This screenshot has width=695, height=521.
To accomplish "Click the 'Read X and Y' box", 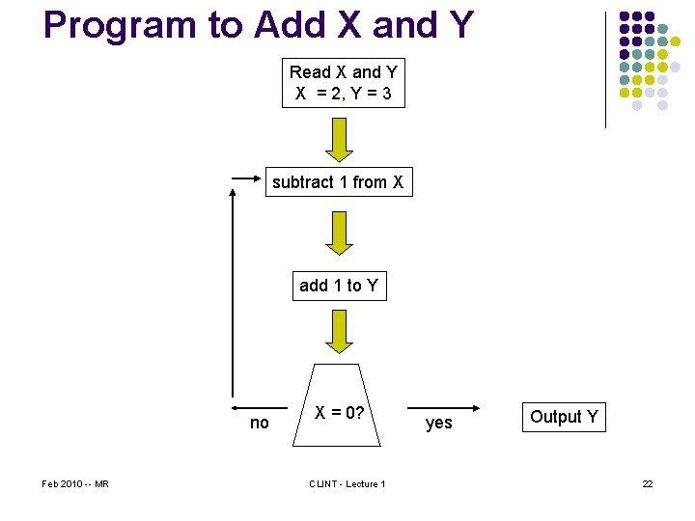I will (344, 84).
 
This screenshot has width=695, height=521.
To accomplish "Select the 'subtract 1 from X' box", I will (338, 182).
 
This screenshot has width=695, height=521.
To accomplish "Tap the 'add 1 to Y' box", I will (339, 286).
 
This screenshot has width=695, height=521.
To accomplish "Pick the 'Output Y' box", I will (564, 417).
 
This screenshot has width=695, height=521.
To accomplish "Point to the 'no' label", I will (260, 423).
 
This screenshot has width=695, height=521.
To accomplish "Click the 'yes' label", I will (439, 423).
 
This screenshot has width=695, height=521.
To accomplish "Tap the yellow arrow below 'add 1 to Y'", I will (339, 331).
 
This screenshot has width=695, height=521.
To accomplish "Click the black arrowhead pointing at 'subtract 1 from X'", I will (259, 178).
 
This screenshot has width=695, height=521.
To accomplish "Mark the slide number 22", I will (648, 483).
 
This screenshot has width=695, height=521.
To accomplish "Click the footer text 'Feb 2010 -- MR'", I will (75, 483).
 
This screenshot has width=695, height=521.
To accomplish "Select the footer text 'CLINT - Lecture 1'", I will (347, 483).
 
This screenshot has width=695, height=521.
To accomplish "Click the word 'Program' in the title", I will (130, 25).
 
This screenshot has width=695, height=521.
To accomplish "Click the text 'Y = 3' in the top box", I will (367, 95).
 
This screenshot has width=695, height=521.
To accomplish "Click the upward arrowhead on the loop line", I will (233, 192).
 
